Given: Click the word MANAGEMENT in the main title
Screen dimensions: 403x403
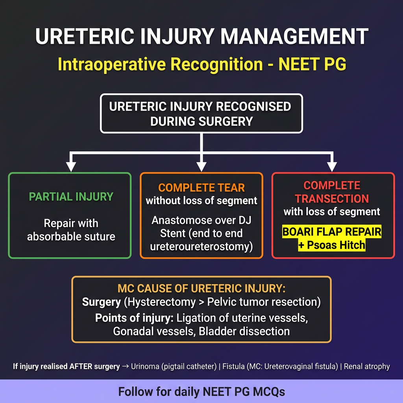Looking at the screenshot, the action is pos(294,36).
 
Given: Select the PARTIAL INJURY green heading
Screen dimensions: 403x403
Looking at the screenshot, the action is pos(71,197).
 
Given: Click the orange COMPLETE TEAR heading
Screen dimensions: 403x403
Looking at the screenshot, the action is pos(201,188).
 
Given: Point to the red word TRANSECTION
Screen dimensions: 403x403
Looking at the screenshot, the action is pos(331,199).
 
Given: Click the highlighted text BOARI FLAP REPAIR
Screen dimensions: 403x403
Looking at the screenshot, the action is pos(331,232).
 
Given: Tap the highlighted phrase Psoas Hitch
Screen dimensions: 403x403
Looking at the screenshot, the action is pos(336,245).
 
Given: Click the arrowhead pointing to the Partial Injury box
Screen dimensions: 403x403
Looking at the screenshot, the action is pos(71,166).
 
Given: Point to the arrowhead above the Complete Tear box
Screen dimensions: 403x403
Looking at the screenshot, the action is pos(201,166).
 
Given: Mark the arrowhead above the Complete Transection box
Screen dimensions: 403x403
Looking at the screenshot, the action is pos(332,166).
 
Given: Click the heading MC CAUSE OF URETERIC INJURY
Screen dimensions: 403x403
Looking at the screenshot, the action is pos(201,288).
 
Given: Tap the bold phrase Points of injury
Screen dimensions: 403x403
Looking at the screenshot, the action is pos(135,318).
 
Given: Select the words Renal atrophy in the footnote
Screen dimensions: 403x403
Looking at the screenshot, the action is pos(367,366).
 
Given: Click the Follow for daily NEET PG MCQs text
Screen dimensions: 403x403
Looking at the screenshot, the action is pos(201,392).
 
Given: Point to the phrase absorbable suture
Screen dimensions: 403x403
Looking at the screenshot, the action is pos(71,237).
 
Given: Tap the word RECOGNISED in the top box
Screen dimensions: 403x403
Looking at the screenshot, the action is pos(253,107).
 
